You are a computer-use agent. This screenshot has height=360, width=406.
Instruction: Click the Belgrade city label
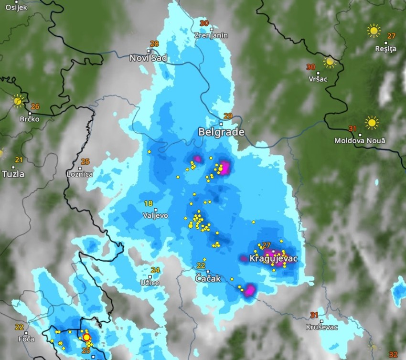tap(221, 132)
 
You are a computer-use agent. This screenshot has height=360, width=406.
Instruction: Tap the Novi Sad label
tap(149, 58)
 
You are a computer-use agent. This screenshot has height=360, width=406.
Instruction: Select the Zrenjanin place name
tap(211, 35)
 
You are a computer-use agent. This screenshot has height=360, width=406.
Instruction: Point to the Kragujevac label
tap(274, 258)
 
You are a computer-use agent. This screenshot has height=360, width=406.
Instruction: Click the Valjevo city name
tap(155, 215)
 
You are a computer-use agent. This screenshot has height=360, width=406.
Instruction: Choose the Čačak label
tap(209, 278)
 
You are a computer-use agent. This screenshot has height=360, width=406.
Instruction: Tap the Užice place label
tap(150, 283)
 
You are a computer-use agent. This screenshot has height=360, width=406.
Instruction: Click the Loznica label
tap(80, 174)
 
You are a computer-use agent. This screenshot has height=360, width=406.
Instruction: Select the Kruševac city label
tap(322, 327)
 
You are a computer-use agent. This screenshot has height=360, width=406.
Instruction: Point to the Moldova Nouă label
tap(360, 141)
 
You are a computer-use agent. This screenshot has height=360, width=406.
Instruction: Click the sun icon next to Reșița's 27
tap(374, 31)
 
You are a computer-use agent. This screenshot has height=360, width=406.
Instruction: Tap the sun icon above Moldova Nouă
tap(372, 122)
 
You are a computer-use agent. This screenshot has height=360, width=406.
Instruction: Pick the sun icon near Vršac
tap(329, 62)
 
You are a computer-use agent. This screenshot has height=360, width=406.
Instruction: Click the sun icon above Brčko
tap(18, 101)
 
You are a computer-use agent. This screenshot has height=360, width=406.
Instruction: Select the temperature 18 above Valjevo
tap(149, 203)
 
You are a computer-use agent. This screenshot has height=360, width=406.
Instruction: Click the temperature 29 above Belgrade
tap(228, 116)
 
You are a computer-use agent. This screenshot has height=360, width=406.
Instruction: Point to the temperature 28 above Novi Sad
tap(154, 43)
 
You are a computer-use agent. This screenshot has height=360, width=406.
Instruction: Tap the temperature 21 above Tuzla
tap(19, 159)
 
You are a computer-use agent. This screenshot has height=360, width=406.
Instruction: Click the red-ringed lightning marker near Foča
tap(86, 337)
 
